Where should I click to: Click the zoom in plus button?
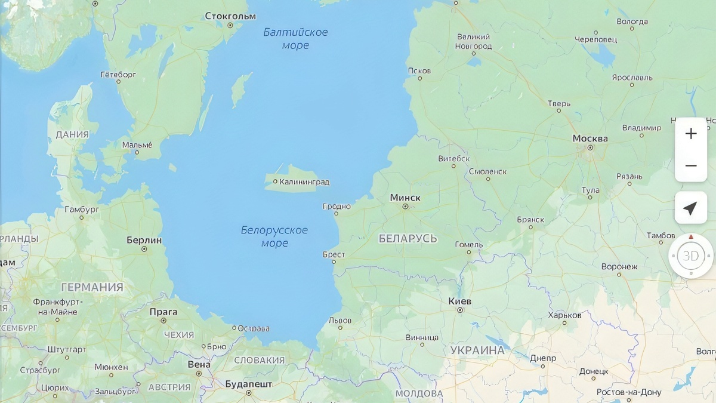click(690, 134)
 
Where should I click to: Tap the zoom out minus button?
click(690, 165)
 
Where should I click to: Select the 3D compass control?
click(690, 256)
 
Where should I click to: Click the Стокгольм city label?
click(230, 16)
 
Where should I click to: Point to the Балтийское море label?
click(295, 38)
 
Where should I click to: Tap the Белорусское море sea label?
click(274, 236)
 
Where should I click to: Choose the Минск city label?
click(405, 198)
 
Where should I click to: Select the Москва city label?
click(590, 139)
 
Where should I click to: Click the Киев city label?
click(459, 302)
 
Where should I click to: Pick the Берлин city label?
click(144, 240)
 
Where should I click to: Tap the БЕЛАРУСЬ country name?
click(408, 239)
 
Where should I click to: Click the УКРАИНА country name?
click(477, 350)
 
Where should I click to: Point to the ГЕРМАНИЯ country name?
click(92, 287)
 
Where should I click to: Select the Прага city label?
click(163, 312)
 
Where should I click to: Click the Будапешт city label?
click(248, 384)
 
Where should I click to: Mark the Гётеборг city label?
click(118, 75)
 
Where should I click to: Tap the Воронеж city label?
click(619, 266)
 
